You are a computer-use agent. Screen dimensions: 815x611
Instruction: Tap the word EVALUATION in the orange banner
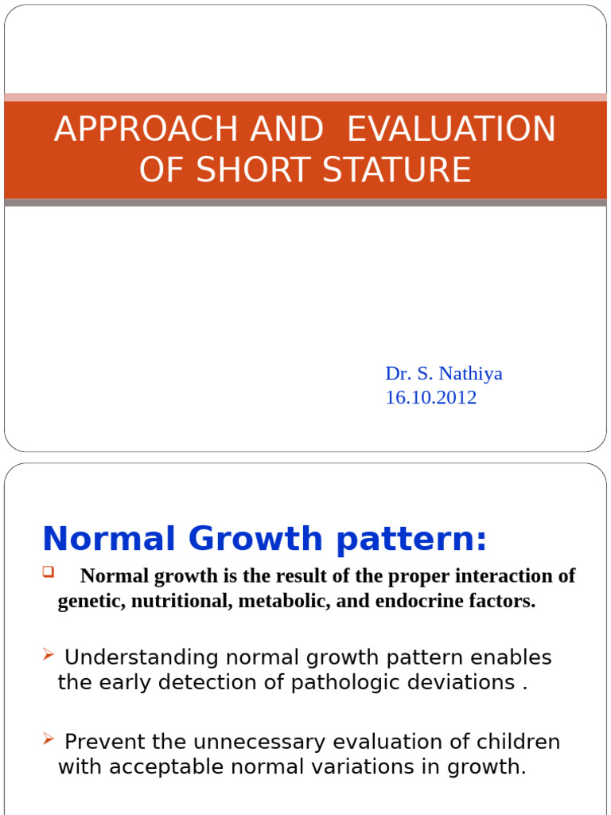tap(451, 130)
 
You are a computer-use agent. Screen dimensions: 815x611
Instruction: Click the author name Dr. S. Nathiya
tap(444, 373)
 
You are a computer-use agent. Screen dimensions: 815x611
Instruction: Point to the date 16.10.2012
tap(430, 397)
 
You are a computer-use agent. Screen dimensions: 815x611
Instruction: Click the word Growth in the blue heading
tap(255, 539)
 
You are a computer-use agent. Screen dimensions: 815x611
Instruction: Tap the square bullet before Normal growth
tap(48, 571)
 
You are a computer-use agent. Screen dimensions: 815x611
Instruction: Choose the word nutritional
tap(179, 601)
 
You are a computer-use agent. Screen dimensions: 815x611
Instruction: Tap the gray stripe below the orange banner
tap(305, 203)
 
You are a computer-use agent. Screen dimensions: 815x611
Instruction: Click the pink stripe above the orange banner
tap(305, 97)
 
